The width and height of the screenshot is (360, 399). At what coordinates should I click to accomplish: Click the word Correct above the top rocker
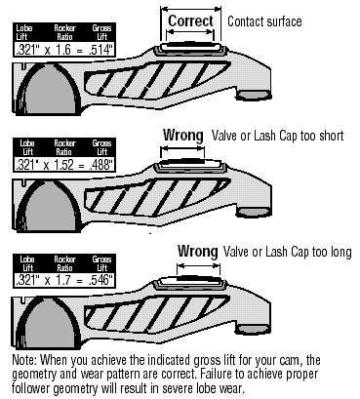(x=190, y=21)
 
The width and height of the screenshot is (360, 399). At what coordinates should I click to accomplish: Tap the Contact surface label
(x=264, y=21)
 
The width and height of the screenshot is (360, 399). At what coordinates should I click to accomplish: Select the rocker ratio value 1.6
(x=62, y=51)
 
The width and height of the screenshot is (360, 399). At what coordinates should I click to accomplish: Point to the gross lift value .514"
(x=100, y=51)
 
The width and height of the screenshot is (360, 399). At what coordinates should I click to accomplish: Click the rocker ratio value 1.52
(x=64, y=165)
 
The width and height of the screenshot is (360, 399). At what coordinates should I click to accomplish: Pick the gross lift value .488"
(x=101, y=165)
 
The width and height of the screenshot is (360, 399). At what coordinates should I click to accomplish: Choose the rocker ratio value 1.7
(x=62, y=280)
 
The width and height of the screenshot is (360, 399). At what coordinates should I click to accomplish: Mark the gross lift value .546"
(x=100, y=280)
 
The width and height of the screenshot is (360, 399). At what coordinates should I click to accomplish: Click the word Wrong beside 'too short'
(x=183, y=135)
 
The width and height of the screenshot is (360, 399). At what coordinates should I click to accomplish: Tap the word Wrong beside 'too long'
(x=197, y=251)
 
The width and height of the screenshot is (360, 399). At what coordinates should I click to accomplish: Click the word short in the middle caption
(x=332, y=136)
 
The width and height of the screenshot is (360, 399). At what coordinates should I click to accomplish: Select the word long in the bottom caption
(x=340, y=253)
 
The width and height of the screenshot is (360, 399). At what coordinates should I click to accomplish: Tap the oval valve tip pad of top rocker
(x=254, y=95)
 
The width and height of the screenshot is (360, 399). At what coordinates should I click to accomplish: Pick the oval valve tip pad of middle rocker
(x=254, y=212)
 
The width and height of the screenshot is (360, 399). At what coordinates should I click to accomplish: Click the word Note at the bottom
(x=25, y=360)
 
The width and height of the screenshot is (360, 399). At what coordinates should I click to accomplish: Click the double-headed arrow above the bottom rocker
(x=198, y=265)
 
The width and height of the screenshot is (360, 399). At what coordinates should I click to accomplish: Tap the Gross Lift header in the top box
(x=101, y=32)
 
